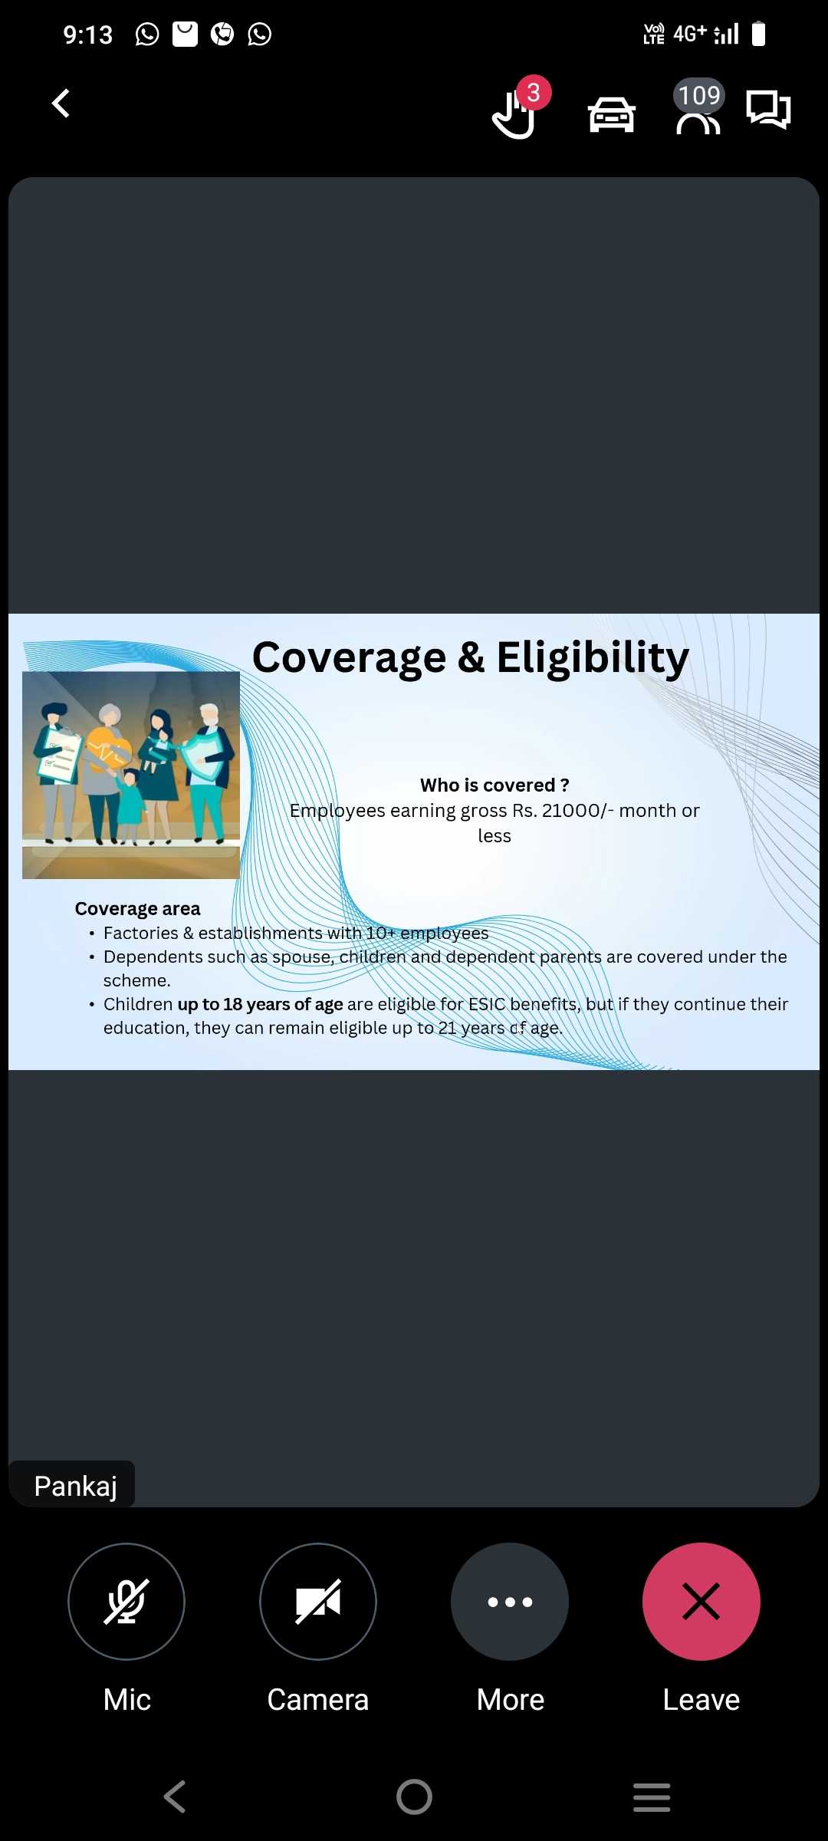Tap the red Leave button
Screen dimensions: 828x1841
(x=701, y=1602)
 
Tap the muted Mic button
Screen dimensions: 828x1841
(x=127, y=1602)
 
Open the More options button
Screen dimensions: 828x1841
(x=510, y=1602)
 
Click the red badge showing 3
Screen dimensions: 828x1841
(x=534, y=93)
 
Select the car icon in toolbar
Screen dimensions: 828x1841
(x=611, y=114)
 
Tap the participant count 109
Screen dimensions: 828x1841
(x=699, y=95)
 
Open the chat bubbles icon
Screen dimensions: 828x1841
(x=768, y=110)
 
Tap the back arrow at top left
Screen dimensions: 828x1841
(x=61, y=103)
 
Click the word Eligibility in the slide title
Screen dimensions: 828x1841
(x=593, y=658)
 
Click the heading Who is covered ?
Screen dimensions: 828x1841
(x=495, y=785)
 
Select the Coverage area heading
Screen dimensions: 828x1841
(x=137, y=909)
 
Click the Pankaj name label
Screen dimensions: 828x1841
(x=75, y=1486)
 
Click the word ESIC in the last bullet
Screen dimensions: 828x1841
(x=487, y=1004)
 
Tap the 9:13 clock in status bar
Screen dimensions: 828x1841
(x=87, y=35)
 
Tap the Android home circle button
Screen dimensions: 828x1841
(x=414, y=1797)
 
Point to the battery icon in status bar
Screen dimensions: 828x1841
(x=758, y=34)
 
